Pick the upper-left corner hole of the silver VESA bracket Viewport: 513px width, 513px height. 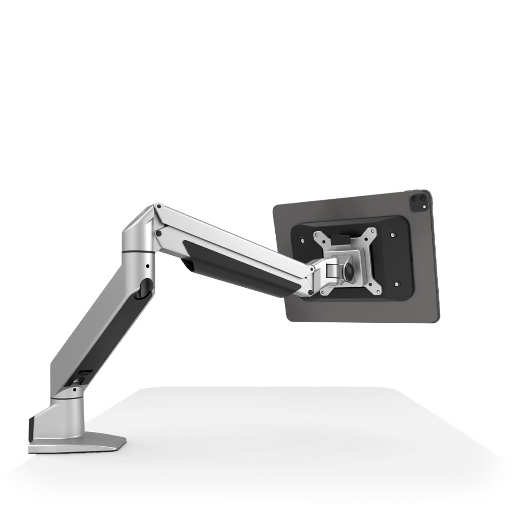coord(318,234)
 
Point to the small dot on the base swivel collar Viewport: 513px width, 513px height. coord(74,390)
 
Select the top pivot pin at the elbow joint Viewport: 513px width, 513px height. coord(159,207)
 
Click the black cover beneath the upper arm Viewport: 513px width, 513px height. coord(239,267)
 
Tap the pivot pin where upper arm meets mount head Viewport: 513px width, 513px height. coord(312,269)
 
